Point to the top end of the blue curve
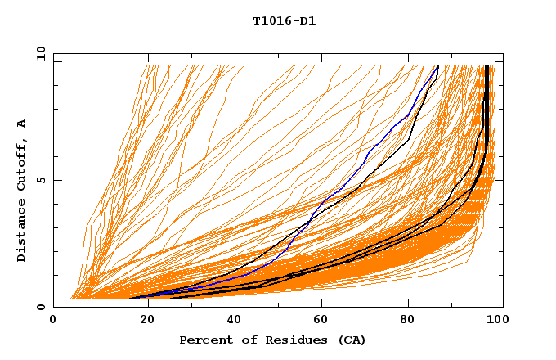[x=438, y=66]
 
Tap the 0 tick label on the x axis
[x=53, y=321]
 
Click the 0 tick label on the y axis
[x=40, y=308]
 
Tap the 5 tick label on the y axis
[x=40, y=180]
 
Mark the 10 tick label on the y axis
[x=38, y=53]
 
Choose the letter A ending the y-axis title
[x=22, y=123]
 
